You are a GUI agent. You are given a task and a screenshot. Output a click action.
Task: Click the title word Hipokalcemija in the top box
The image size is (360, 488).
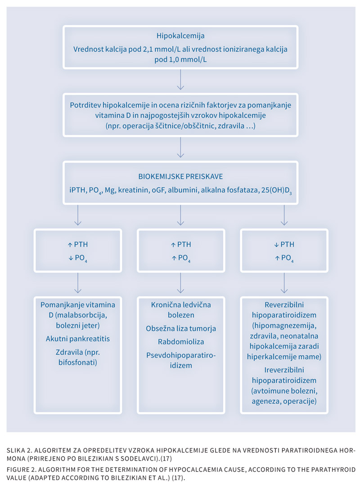180,36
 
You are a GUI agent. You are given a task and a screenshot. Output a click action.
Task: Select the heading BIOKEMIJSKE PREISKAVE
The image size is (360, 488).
180,176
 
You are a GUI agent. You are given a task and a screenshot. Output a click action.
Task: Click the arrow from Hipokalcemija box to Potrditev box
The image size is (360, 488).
180,79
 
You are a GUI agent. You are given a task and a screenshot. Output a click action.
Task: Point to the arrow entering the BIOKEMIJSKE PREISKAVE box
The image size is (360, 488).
180,147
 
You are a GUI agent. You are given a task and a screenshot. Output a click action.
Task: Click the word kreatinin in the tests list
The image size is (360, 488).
133,190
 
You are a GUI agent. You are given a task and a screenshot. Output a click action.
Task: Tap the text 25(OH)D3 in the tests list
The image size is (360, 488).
277,190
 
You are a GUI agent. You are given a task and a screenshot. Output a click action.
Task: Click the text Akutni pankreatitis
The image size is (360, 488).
78,339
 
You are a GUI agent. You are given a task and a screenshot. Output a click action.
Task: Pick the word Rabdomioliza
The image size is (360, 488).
181,342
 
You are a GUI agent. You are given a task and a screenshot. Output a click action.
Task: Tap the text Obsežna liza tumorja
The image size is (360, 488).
181,328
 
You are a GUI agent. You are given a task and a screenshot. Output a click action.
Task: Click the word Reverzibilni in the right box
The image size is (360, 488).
284,304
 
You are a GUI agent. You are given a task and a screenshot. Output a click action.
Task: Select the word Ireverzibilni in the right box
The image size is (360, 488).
284,370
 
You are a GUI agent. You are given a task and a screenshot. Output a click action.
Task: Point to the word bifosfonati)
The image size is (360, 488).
78,363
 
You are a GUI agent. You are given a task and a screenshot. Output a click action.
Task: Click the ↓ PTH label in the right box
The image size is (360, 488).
284,244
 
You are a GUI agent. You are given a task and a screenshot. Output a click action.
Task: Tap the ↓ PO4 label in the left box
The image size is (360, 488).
78,258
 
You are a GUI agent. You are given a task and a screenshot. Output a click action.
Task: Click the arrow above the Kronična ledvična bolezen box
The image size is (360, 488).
180,283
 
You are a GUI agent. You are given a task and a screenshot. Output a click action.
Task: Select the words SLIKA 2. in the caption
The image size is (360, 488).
19,450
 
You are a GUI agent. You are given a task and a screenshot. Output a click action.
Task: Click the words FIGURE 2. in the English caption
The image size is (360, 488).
22,470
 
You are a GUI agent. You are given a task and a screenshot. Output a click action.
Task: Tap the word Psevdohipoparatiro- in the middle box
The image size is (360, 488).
181,355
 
